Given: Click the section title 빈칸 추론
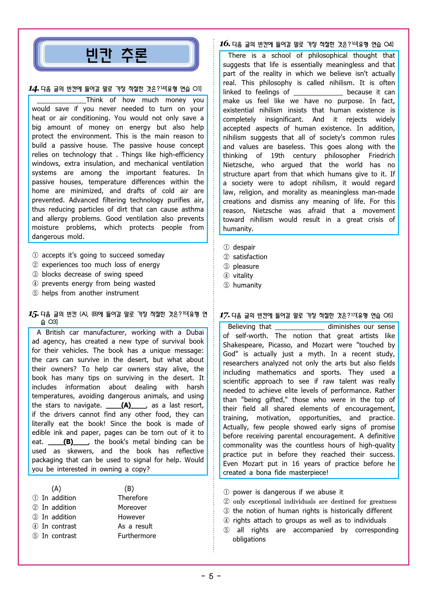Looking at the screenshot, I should pos(116,55).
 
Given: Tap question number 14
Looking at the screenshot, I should pos(33,89).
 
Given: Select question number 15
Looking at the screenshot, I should pos(33,314).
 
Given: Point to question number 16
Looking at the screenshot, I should pos(224,44).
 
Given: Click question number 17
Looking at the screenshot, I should pos(224,315).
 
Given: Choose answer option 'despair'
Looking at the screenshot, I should pos(244,247).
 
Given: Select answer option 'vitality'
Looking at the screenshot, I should pos(243,276).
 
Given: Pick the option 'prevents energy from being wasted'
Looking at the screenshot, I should pos(98,283).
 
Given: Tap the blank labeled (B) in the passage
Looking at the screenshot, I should pos(68,442).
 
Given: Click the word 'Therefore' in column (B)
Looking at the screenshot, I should pos(133,498).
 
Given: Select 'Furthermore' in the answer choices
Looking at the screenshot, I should pos(137,536).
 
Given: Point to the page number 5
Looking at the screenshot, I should pos(211,576).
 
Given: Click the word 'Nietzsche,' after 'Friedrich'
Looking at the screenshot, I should pos(238,165).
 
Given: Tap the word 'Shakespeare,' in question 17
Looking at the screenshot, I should pos(243,345).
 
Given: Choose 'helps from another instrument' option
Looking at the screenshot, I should pos(90,293).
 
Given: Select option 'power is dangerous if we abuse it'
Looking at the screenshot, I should pos(288,492).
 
